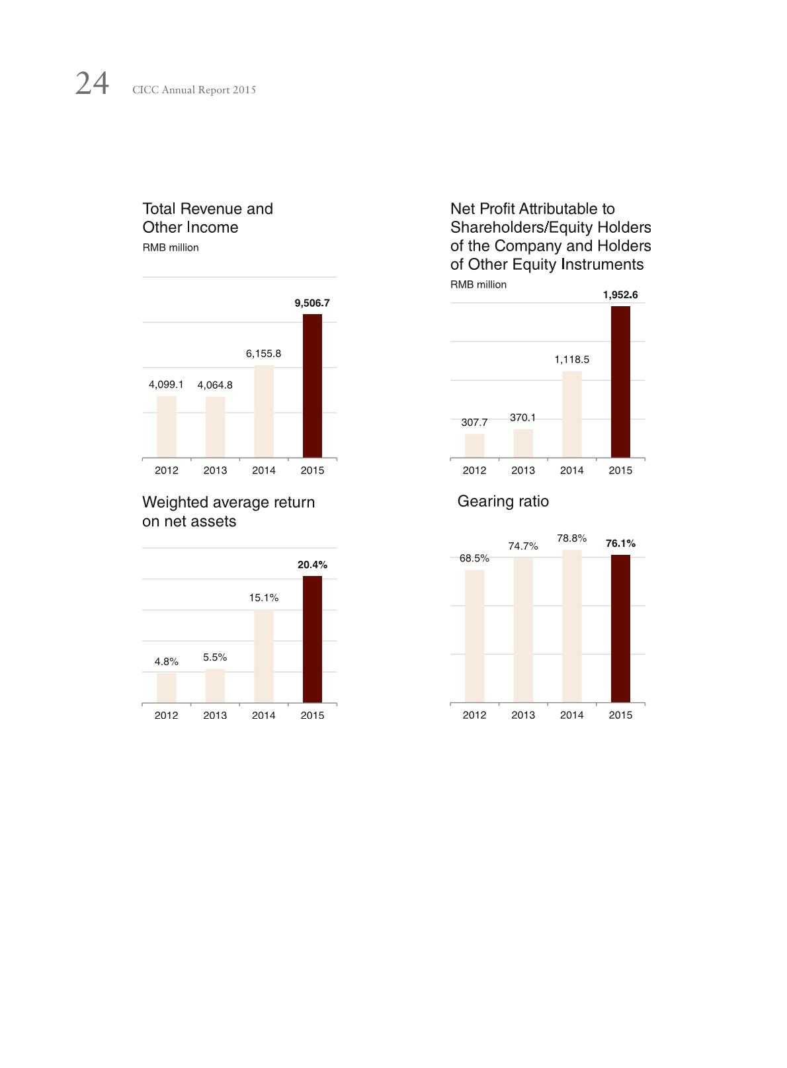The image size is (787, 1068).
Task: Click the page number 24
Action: (x=92, y=84)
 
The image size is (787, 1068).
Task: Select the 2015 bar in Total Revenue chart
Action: (x=312, y=386)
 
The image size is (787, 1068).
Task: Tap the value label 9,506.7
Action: (x=312, y=303)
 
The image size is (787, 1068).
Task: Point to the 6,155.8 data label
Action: (x=263, y=354)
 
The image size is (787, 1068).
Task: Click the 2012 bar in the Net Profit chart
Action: (x=474, y=446)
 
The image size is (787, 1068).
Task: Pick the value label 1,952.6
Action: (x=620, y=295)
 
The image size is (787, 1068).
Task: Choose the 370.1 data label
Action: (x=522, y=418)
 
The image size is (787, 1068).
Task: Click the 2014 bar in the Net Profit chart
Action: (x=571, y=414)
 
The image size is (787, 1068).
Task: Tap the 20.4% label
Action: (x=312, y=565)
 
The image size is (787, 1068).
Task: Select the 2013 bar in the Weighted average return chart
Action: (x=215, y=686)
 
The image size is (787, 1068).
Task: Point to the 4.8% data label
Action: (x=166, y=661)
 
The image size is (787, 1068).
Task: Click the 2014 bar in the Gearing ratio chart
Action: (x=571, y=626)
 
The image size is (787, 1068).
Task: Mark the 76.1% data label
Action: (x=620, y=544)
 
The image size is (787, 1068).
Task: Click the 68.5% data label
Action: (x=474, y=558)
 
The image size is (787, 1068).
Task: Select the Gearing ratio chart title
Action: (x=503, y=501)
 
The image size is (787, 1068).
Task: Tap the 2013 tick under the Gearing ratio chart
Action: (x=522, y=715)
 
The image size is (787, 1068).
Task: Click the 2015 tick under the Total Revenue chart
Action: (x=312, y=470)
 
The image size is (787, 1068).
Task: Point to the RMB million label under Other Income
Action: (x=171, y=247)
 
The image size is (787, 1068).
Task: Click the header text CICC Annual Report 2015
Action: (x=194, y=90)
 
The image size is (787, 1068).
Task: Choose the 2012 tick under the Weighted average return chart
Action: (x=166, y=715)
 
